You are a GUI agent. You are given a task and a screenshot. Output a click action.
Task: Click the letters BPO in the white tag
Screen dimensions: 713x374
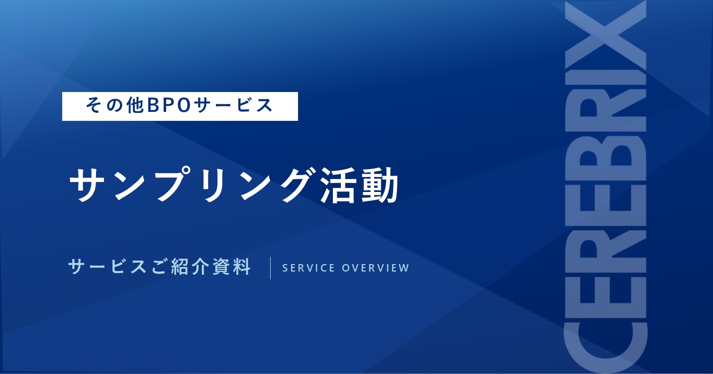pyautogui.click(x=169, y=105)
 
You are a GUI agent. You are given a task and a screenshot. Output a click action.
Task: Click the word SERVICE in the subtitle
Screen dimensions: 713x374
pyautogui.click(x=308, y=268)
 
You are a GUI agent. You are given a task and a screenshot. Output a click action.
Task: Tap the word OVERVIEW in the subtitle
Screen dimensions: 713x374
pyautogui.click(x=376, y=268)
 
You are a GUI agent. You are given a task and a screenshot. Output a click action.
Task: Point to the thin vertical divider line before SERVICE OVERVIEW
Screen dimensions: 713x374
pyautogui.click(x=271, y=268)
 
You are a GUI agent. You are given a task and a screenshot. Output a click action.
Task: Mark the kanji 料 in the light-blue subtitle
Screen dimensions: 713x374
pyautogui.click(x=242, y=267)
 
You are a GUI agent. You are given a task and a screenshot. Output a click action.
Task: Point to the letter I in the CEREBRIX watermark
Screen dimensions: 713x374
pyautogui.click(x=606, y=78)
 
